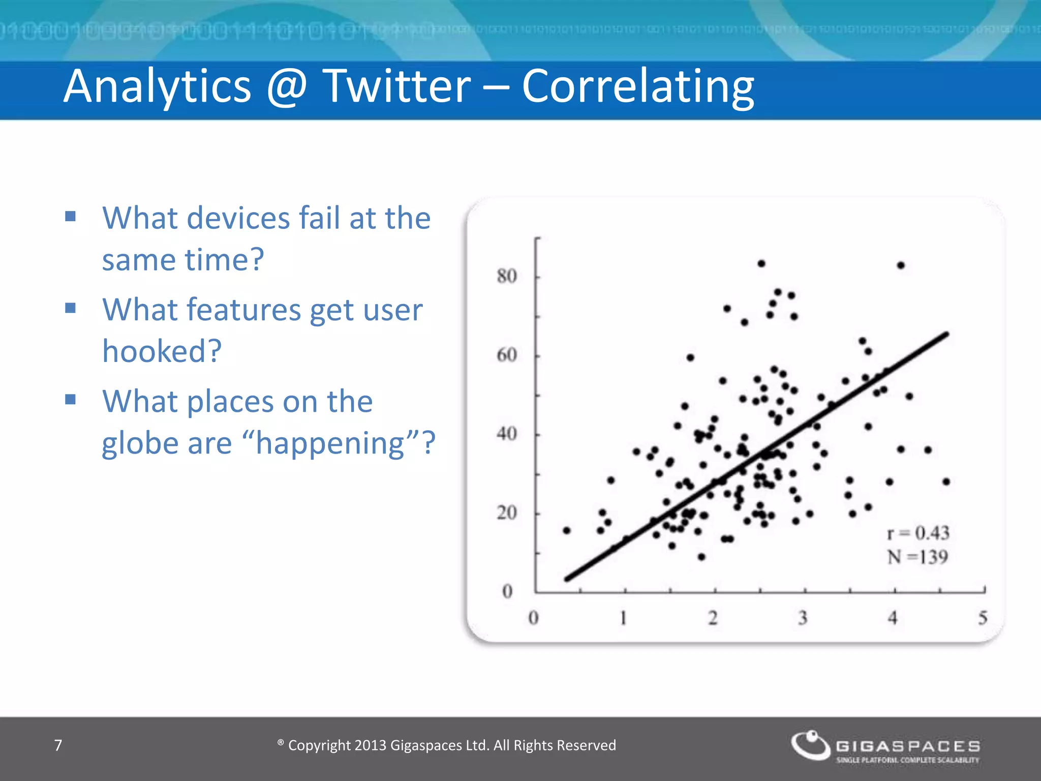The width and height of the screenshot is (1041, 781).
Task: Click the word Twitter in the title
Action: pyautogui.click(x=397, y=86)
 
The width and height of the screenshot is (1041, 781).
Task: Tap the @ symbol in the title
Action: pyautogui.click(x=287, y=86)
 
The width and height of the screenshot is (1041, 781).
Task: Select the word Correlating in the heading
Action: pyautogui.click(x=638, y=87)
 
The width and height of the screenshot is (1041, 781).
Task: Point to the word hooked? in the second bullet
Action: pyautogui.click(x=162, y=351)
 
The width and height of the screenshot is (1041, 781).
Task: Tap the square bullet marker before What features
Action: pyautogui.click(x=71, y=308)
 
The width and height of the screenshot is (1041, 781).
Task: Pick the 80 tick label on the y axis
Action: pyautogui.click(x=506, y=277)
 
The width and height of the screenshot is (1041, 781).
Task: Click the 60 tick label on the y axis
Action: pyautogui.click(x=506, y=355)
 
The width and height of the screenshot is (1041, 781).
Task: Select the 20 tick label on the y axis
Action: pyautogui.click(x=506, y=513)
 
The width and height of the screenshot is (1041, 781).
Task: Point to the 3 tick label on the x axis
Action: pyautogui.click(x=803, y=618)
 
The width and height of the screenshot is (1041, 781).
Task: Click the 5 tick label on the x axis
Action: pyautogui.click(x=983, y=618)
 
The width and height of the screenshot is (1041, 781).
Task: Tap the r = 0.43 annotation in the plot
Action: pyautogui.click(x=918, y=533)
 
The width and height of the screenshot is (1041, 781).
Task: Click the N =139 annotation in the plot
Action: pyautogui.click(x=917, y=557)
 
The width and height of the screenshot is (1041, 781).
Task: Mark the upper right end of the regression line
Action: pyautogui.click(x=946, y=334)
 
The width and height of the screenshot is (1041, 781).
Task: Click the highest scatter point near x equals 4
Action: pyautogui.click(x=901, y=265)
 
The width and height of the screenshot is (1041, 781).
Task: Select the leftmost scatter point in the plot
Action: pyautogui.click(x=567, y=530)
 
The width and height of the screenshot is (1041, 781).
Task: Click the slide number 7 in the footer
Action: pyautogui.click(x=58, y=745)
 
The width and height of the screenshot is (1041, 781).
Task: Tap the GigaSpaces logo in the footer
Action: pyautogui.click(x=885, y=746)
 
